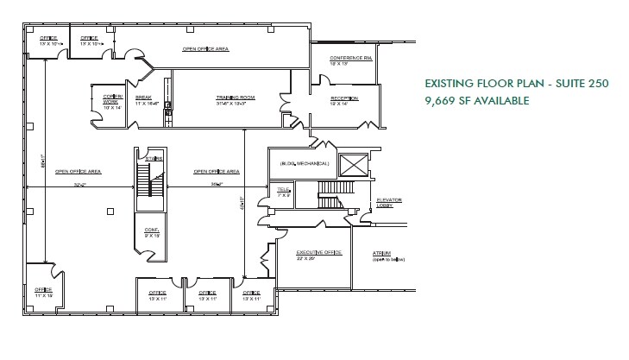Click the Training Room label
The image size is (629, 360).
click(x=231, y=99)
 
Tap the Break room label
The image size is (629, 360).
click(x=144, y=99)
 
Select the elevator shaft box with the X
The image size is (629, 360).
click(x=353, y=164)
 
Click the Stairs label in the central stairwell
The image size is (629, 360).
click(x=155, y=159)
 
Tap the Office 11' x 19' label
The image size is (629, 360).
click(x=42, y=291)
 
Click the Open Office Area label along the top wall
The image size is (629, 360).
click(x=204, y=49)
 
